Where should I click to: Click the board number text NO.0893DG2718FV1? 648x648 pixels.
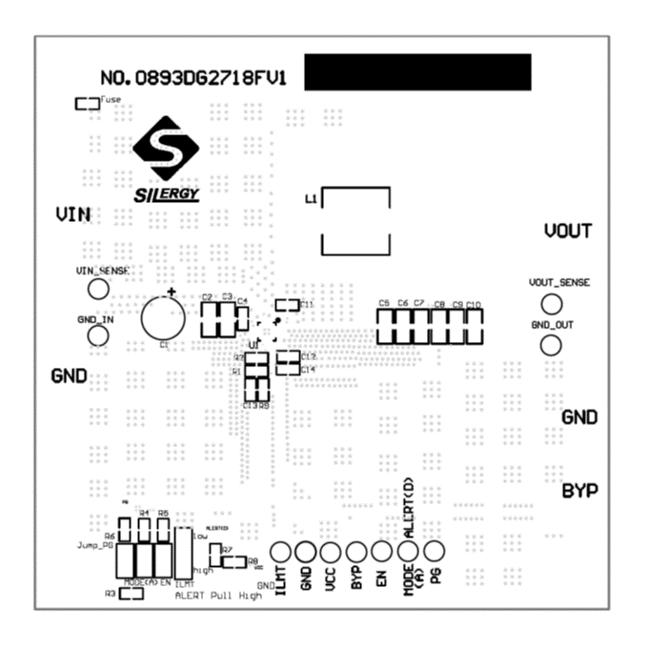tap(193, 77)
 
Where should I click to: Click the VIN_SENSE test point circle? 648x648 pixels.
tap(97, 288)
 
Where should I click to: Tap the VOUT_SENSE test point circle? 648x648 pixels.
tap(550, 304)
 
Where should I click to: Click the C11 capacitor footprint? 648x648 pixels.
tap(286, 305)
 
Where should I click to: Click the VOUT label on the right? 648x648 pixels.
tap(568, 231)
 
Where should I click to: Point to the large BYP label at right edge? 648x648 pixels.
tap(579, 491)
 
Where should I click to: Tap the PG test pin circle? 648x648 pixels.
tap(434, 551)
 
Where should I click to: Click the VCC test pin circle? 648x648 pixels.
tap(331, 551)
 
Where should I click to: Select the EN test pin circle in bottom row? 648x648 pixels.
tap(381, 551)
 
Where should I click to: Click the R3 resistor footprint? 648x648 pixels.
tap(131, 593)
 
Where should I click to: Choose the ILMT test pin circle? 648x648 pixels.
tap(281, 551)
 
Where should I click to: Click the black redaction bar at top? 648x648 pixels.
tap(418, 72)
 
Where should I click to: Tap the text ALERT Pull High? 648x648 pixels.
tap(218, 595)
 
